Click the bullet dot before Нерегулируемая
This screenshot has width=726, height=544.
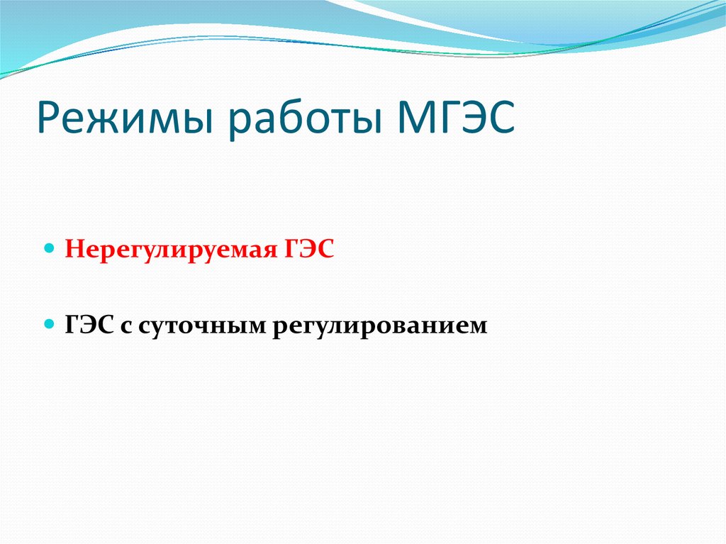[49, 250]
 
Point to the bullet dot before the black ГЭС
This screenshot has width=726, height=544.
[49, 324]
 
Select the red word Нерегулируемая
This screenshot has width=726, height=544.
[162, 250]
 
